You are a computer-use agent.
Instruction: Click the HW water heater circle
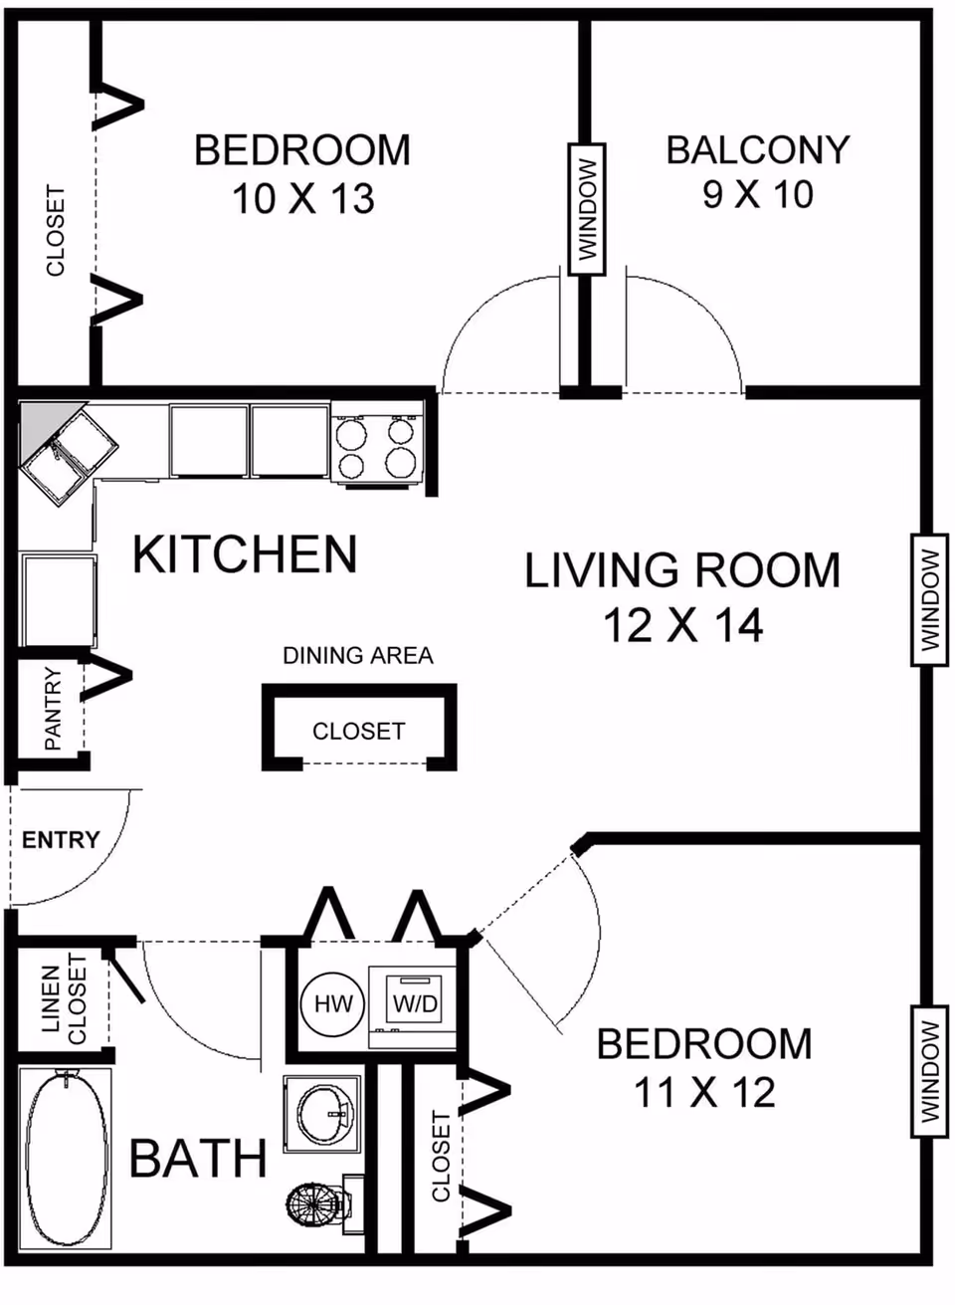coord(332,1003)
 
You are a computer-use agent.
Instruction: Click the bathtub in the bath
coord(66,1159)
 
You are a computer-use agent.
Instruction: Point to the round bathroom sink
coord(322,1113)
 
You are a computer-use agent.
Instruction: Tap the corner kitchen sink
coord(69,455)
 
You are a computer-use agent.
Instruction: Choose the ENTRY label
coord(61,839)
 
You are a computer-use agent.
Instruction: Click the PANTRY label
coord(53,709)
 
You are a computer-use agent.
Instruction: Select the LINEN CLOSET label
coord(64,999)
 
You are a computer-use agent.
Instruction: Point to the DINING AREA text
coord(357,655)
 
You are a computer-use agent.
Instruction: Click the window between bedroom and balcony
coord(588,209)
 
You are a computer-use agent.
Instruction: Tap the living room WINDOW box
coord(929,600)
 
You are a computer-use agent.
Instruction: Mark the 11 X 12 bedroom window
coord(929,1071)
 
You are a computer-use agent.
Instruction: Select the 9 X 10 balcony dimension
coord(757,194)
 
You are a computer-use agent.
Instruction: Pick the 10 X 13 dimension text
coord(302,198)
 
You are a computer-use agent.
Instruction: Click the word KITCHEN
coord(245,554)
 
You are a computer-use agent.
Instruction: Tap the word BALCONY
coord(758,149)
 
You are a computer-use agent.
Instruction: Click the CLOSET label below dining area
coord(358,732)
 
